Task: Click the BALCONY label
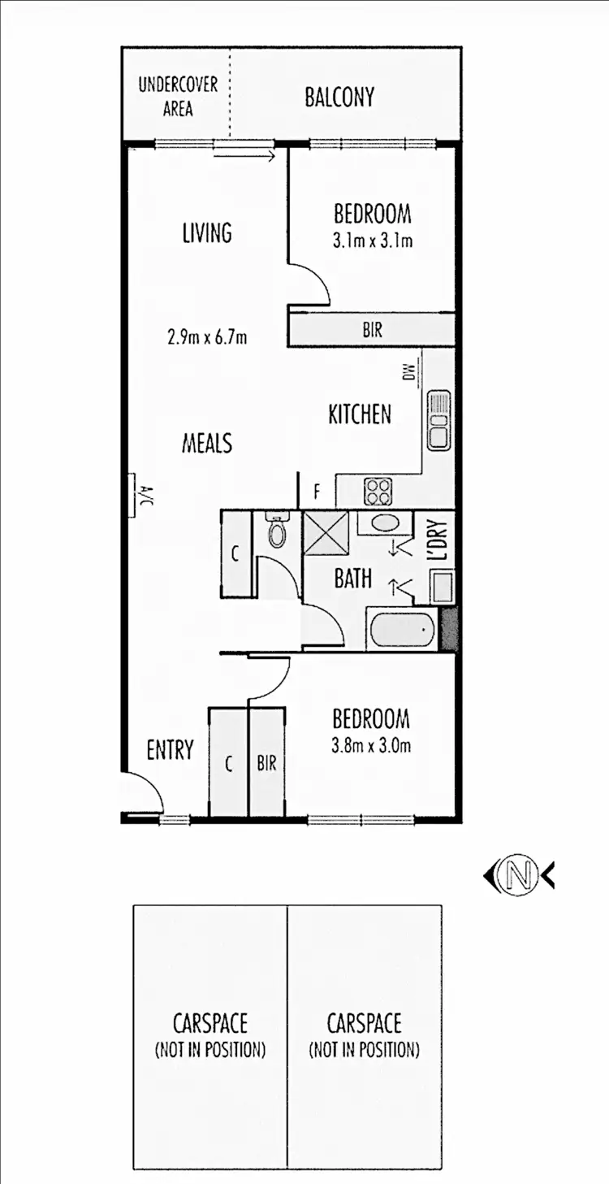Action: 339,98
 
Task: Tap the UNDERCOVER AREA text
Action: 178,96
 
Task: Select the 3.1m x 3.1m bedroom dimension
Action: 373,241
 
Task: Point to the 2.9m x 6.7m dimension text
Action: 207,336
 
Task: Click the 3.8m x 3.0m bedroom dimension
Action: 370,744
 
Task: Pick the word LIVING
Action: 207,233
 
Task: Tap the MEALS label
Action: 206,443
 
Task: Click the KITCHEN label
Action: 360,414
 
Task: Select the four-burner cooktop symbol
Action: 378,490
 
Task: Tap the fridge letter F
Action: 317,492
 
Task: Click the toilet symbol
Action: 277,531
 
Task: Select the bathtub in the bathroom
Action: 400,629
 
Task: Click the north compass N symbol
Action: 519,875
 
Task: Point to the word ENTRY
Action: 170,749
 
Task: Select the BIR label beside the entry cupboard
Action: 266,764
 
